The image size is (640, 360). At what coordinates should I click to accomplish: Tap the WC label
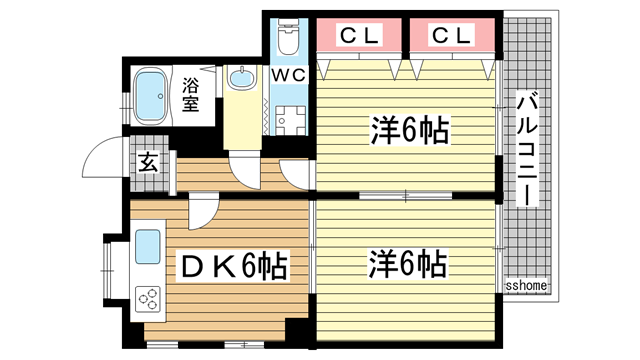click(291, 75)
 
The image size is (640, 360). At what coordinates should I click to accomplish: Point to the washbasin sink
click(242, 79)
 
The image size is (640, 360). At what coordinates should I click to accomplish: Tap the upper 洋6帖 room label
click(408, 131)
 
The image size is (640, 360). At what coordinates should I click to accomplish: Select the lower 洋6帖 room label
click(408, 265)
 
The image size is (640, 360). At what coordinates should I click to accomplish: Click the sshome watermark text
click(526, 286)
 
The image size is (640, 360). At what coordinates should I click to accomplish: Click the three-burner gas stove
click(148, 297)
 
